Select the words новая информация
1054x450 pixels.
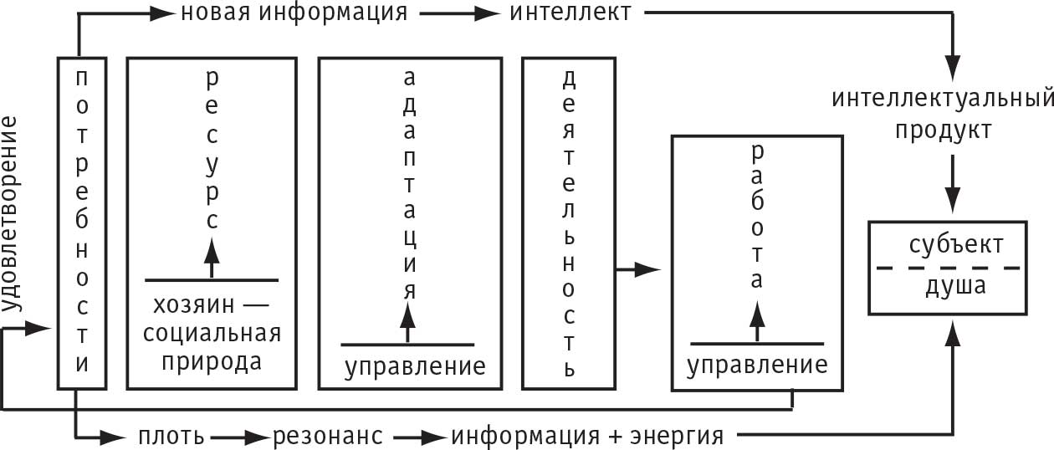294,13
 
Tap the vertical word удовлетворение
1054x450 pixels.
11,215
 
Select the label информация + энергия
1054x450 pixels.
586,436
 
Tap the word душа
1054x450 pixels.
955,286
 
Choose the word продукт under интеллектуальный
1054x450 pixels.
944,130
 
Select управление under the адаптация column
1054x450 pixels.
416,366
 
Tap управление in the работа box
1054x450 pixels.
757,365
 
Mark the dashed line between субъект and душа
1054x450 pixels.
949,268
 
